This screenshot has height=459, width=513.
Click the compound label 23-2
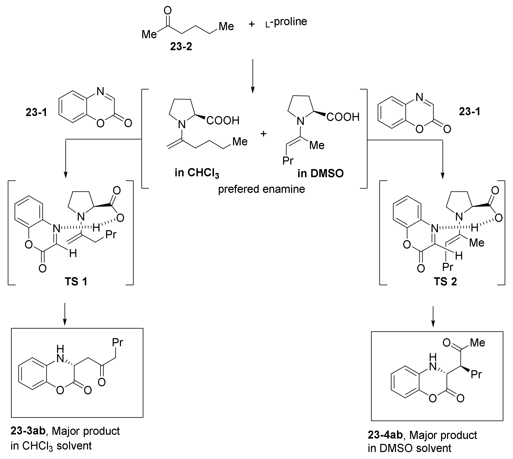tap(181, 47)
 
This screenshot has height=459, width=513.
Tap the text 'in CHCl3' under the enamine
tap(197, 173)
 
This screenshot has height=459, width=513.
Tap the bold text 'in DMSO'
tap(320, 173)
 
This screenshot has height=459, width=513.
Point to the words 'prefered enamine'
tap(261, 189)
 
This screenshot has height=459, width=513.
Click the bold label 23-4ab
tap(385, 435)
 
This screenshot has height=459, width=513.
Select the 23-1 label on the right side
tap(470, 111)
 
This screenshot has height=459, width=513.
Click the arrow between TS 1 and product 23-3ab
tap(65, 314)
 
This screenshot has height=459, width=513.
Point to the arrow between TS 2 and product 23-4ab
tap(433, 317)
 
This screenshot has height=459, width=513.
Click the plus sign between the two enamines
tap(263, 134)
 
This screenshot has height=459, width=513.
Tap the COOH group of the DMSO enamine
tap(343, 117)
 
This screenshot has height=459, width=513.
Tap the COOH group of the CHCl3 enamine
tap(223, 121)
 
